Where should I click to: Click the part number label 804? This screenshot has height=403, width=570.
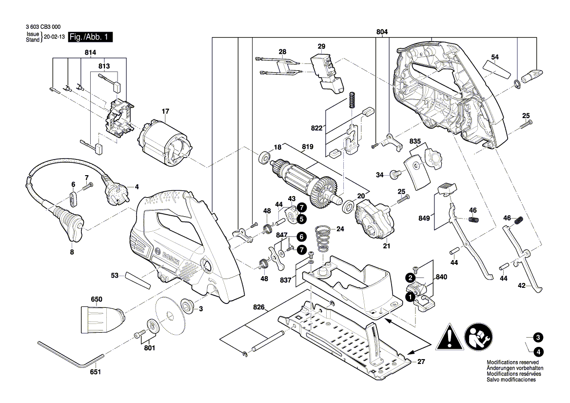pyautogui.click(x=382, y=32)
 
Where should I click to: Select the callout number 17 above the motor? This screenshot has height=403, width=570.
pyautogui.click(x=165, y=111)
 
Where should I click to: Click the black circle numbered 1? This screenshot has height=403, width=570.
pyautogui.click(x=411, y=296)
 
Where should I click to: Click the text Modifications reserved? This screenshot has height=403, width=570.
pyautogui.click(x=512, y=363)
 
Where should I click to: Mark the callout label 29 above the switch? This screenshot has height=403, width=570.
pyautogui.click(x=321, y=46)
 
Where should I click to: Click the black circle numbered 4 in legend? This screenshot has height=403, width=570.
pyautogui.click(x=538, y=351)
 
